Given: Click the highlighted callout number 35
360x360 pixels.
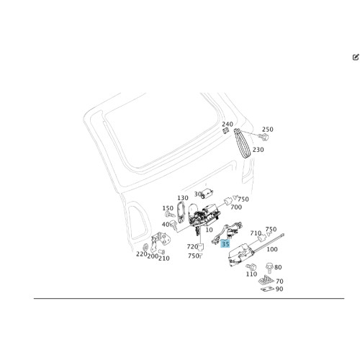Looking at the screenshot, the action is (225, 244).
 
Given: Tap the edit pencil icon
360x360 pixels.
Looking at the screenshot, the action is (356, 57).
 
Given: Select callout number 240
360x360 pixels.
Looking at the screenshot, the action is (228, 124).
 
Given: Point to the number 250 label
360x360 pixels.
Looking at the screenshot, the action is (267, 130).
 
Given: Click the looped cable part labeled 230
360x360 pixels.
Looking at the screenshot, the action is (243, 144).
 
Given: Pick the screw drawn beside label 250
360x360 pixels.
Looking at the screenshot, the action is (264, 138).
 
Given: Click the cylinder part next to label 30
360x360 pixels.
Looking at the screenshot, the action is (207, 193).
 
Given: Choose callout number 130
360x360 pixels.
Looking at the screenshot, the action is (183, 198).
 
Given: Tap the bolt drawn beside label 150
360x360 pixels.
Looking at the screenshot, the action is (169, 214).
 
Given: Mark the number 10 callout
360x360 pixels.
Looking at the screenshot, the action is (209, 230).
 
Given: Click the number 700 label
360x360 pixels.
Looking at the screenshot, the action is (236, 207).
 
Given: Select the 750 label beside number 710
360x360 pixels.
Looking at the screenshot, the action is (271, 229).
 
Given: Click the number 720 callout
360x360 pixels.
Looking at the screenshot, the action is (192, 246).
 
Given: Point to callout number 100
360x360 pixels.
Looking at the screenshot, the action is (272, 249).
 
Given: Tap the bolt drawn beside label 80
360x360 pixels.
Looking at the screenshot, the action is (269, 268).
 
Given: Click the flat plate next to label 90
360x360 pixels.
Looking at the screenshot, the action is (268, 289).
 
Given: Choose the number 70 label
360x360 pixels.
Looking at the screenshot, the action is (279, 281).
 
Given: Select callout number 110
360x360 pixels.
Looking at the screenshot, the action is (251, 274).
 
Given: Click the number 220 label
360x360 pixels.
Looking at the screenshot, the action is (142, 254).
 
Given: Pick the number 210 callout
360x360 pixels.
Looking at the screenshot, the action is (164, 258).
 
